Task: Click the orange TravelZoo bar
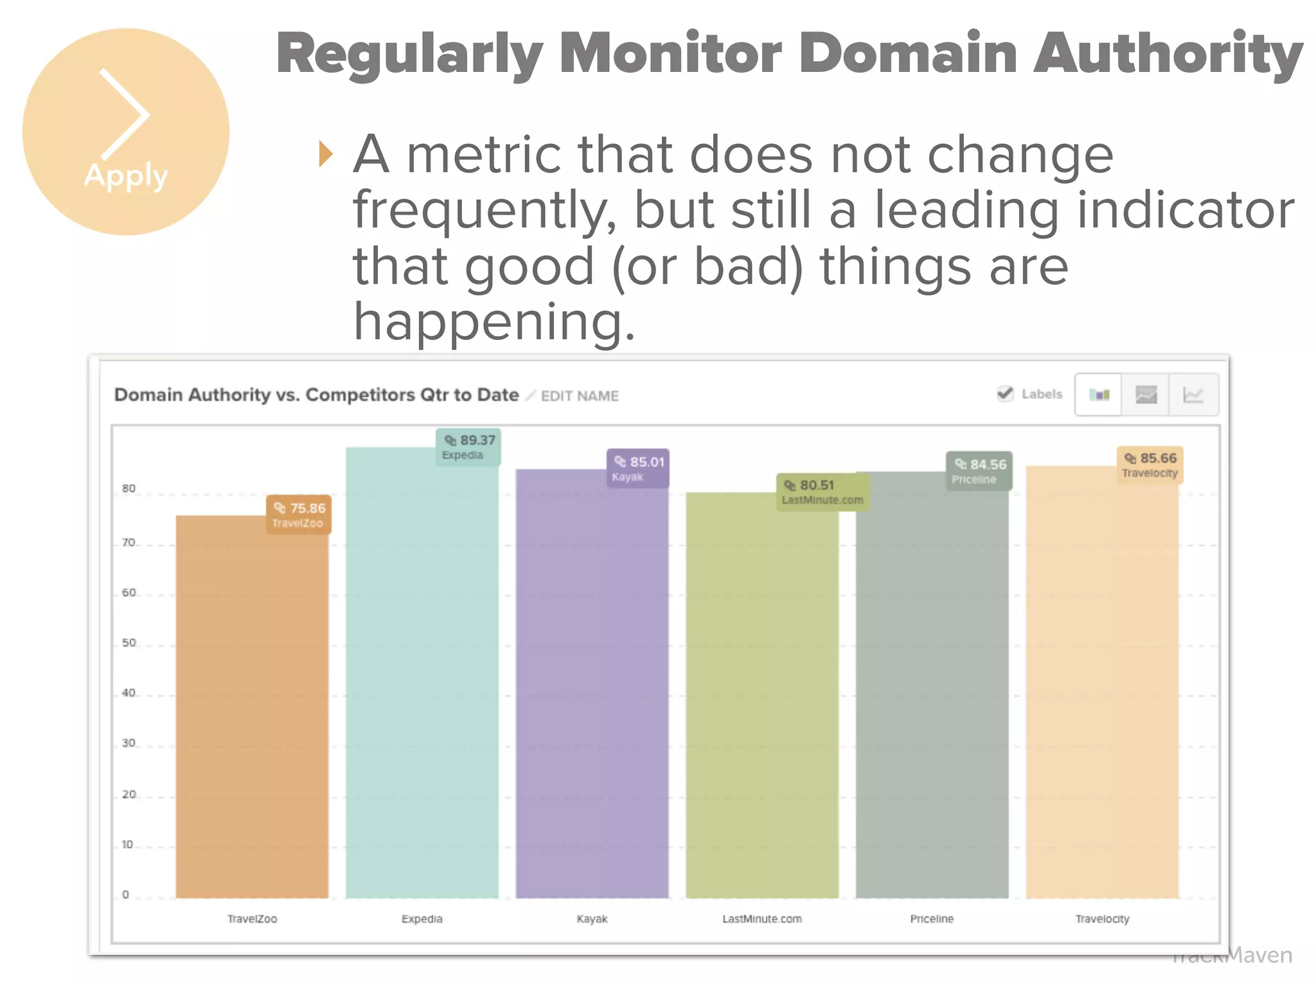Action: (x=252, y=707)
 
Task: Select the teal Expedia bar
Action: (x=422, y=675)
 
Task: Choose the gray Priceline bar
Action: (x=932, y=688)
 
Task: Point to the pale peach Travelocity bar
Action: (x=1102, y=681)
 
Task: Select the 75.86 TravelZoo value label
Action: (x=299, y=515)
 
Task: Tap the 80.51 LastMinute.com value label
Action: (x=822, y=492)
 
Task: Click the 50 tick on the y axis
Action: (x=129, y=643)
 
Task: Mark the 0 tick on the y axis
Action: (x=125, y=894)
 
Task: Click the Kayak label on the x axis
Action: (x=592, y=919)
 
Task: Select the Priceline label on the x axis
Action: (x=932, y=919)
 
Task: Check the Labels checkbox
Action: (x=1005, y=394)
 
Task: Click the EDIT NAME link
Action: (x=579, y=396)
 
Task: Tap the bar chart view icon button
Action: (x=1099, y=395)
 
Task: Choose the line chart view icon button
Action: (x=1193, y=395)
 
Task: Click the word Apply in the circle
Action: (x=126, y=175)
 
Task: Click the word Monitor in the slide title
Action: (x=670, y=54)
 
